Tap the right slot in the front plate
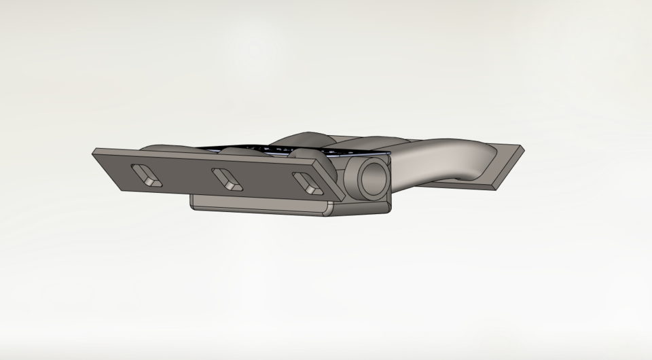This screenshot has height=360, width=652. click(306, 183)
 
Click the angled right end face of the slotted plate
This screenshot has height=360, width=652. click(333, 180)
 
